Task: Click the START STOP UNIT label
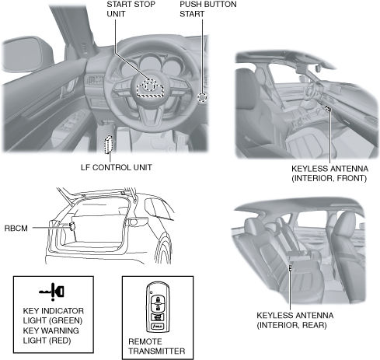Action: tap(131, 9)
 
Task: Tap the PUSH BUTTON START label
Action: tap(208, 9)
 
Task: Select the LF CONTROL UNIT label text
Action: tap(117, 167)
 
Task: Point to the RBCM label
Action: tap(16, 229)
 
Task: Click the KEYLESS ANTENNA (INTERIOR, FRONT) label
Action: tap(329, 173)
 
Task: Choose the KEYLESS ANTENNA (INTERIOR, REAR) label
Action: tap(295, 320)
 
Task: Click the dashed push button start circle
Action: tap(202, 97)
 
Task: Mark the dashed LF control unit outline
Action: tap(109, 145)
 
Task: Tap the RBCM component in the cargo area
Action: tap(72, 226)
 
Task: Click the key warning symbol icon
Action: tap(52, 292)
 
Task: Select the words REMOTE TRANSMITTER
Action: tap(157, 346)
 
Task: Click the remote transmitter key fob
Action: tap(158, 307)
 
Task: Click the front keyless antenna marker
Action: tap(329, 109)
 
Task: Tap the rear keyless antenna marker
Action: tap(291, 267)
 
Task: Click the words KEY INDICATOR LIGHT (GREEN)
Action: tap(54, 316)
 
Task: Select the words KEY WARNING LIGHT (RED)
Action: tap(51, 335)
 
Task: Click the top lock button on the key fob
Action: tap(158, 299)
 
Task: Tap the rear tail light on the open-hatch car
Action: tap(138, 222)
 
